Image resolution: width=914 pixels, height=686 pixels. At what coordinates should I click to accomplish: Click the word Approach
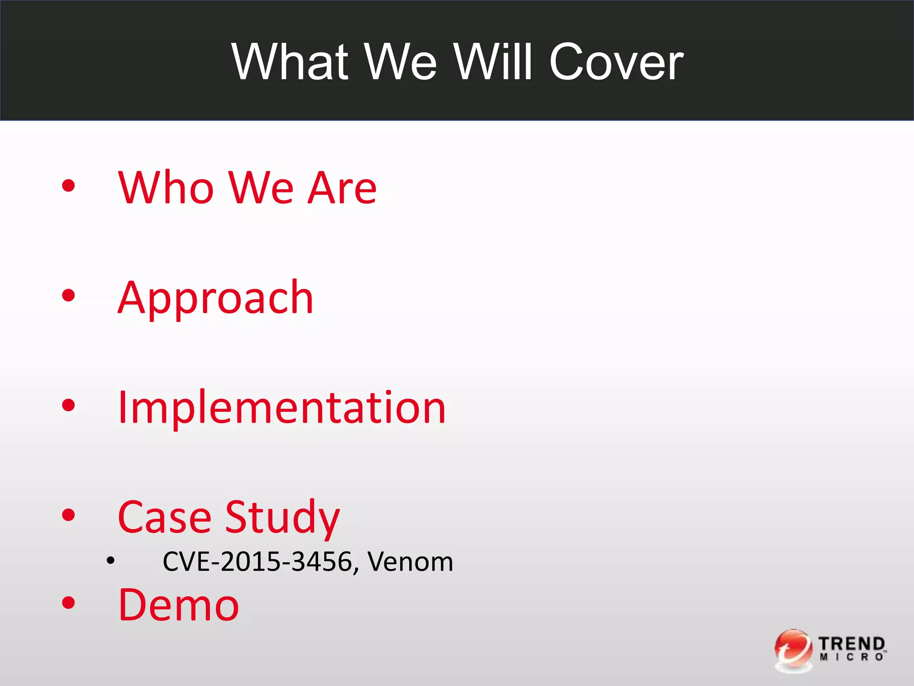tap(216, 298)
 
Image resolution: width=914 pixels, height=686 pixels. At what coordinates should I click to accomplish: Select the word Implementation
tap(282, 407)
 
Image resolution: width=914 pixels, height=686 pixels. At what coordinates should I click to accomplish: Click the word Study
tap(282, 518)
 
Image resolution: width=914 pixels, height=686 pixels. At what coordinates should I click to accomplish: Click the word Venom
tap(410, 561)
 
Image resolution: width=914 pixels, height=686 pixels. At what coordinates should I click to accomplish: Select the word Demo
tap(179, 605)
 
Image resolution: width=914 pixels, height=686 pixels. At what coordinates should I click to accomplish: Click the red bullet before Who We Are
tap(68, 185)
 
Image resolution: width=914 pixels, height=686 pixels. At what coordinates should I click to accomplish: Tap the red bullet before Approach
tap(68, 295)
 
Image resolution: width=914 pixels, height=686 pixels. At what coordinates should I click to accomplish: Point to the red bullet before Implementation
tap(68, 405)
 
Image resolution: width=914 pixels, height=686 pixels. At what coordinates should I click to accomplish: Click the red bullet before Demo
tap(68, 603)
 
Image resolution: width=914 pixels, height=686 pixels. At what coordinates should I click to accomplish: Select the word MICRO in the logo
tap(851, 657)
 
